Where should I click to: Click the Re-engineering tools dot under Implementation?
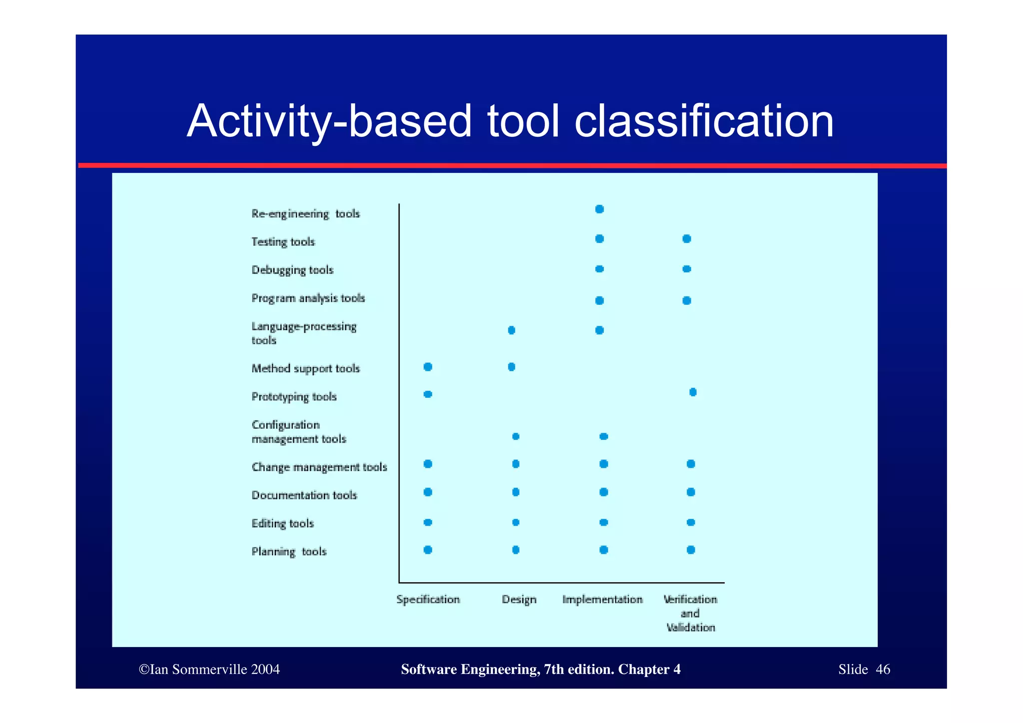click(599, 209)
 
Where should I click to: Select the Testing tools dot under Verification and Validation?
click(687, 239)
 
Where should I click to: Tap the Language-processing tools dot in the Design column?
click(511, 330)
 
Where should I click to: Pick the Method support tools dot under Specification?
click(428, 367)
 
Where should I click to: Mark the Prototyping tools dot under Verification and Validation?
click(693, 392)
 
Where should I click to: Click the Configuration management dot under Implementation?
click(603, 437)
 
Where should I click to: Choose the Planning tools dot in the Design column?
click(516, 550)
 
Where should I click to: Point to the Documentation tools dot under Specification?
click(428, 492)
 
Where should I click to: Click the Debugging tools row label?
click(292, 270)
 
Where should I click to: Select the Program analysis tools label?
click(308, 298)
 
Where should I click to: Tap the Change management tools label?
click(319, 467)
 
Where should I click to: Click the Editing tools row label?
click(283, 524)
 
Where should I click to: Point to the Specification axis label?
click(428, 600)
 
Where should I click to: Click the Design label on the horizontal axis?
click(519, 600)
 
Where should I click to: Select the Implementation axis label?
click(602, 600)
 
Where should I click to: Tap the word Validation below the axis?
click(691, 628)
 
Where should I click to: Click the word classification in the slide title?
click(704, 121)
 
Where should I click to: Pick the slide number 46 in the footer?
click(883, 670)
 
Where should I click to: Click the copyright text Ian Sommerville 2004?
click(209, 670)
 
